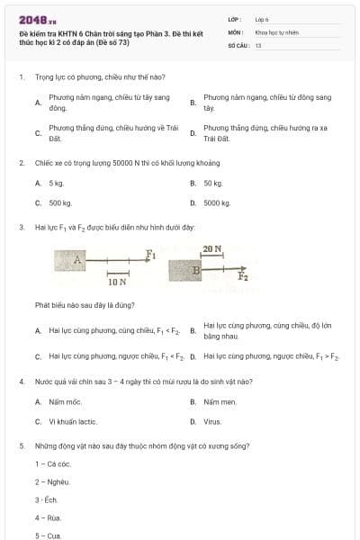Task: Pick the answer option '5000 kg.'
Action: pyautogui.click(x=217, y=203)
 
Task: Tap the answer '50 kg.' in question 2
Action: pyautogui.click(x=212, y=183)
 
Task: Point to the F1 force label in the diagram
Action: pyautogui.click(x=151, y=253)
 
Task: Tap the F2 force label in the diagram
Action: pyautogui.click(x=243, y=276)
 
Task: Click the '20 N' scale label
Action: pyautogui.click(x=212, y=248)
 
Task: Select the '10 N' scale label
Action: pyautogui.click(x=117, y=282)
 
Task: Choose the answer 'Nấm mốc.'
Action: pyautogui.click(x=65, y=401)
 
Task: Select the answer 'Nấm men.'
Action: pyautogui.click(x=220, y=401)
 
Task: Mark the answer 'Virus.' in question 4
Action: pyautogui.click(x=212, y=421)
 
